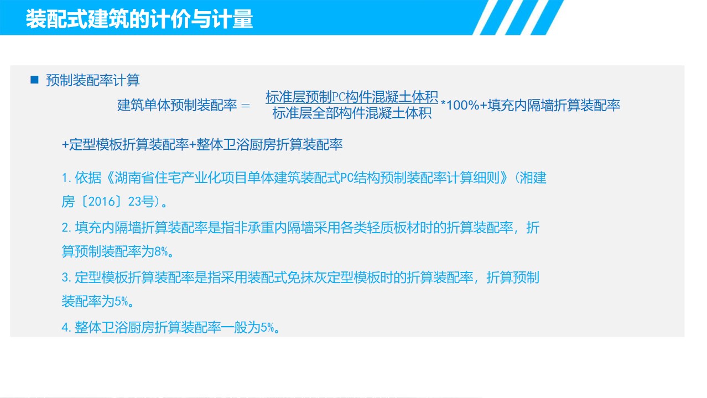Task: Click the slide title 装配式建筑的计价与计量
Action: [139, 19]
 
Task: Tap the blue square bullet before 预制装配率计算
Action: [34, 80]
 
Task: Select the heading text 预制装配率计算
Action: [93, 80]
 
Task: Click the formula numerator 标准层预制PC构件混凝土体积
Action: [352, 97]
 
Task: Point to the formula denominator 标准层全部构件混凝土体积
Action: [352, 113]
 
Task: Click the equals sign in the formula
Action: [245, 106]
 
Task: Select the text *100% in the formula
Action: [460, 105]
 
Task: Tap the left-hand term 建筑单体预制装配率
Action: [177, 105]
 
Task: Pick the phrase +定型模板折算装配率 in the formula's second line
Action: [126, 144]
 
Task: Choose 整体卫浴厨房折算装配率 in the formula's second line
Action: [269, 144]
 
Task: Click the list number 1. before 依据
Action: [66, 178]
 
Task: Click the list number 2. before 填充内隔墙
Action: [66, 228]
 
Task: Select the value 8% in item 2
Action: [161, 252]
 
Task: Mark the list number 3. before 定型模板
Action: [66, 277]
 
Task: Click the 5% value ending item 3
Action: [121, 301]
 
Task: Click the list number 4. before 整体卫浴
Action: [66, 327]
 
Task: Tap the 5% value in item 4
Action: [267, 327]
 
